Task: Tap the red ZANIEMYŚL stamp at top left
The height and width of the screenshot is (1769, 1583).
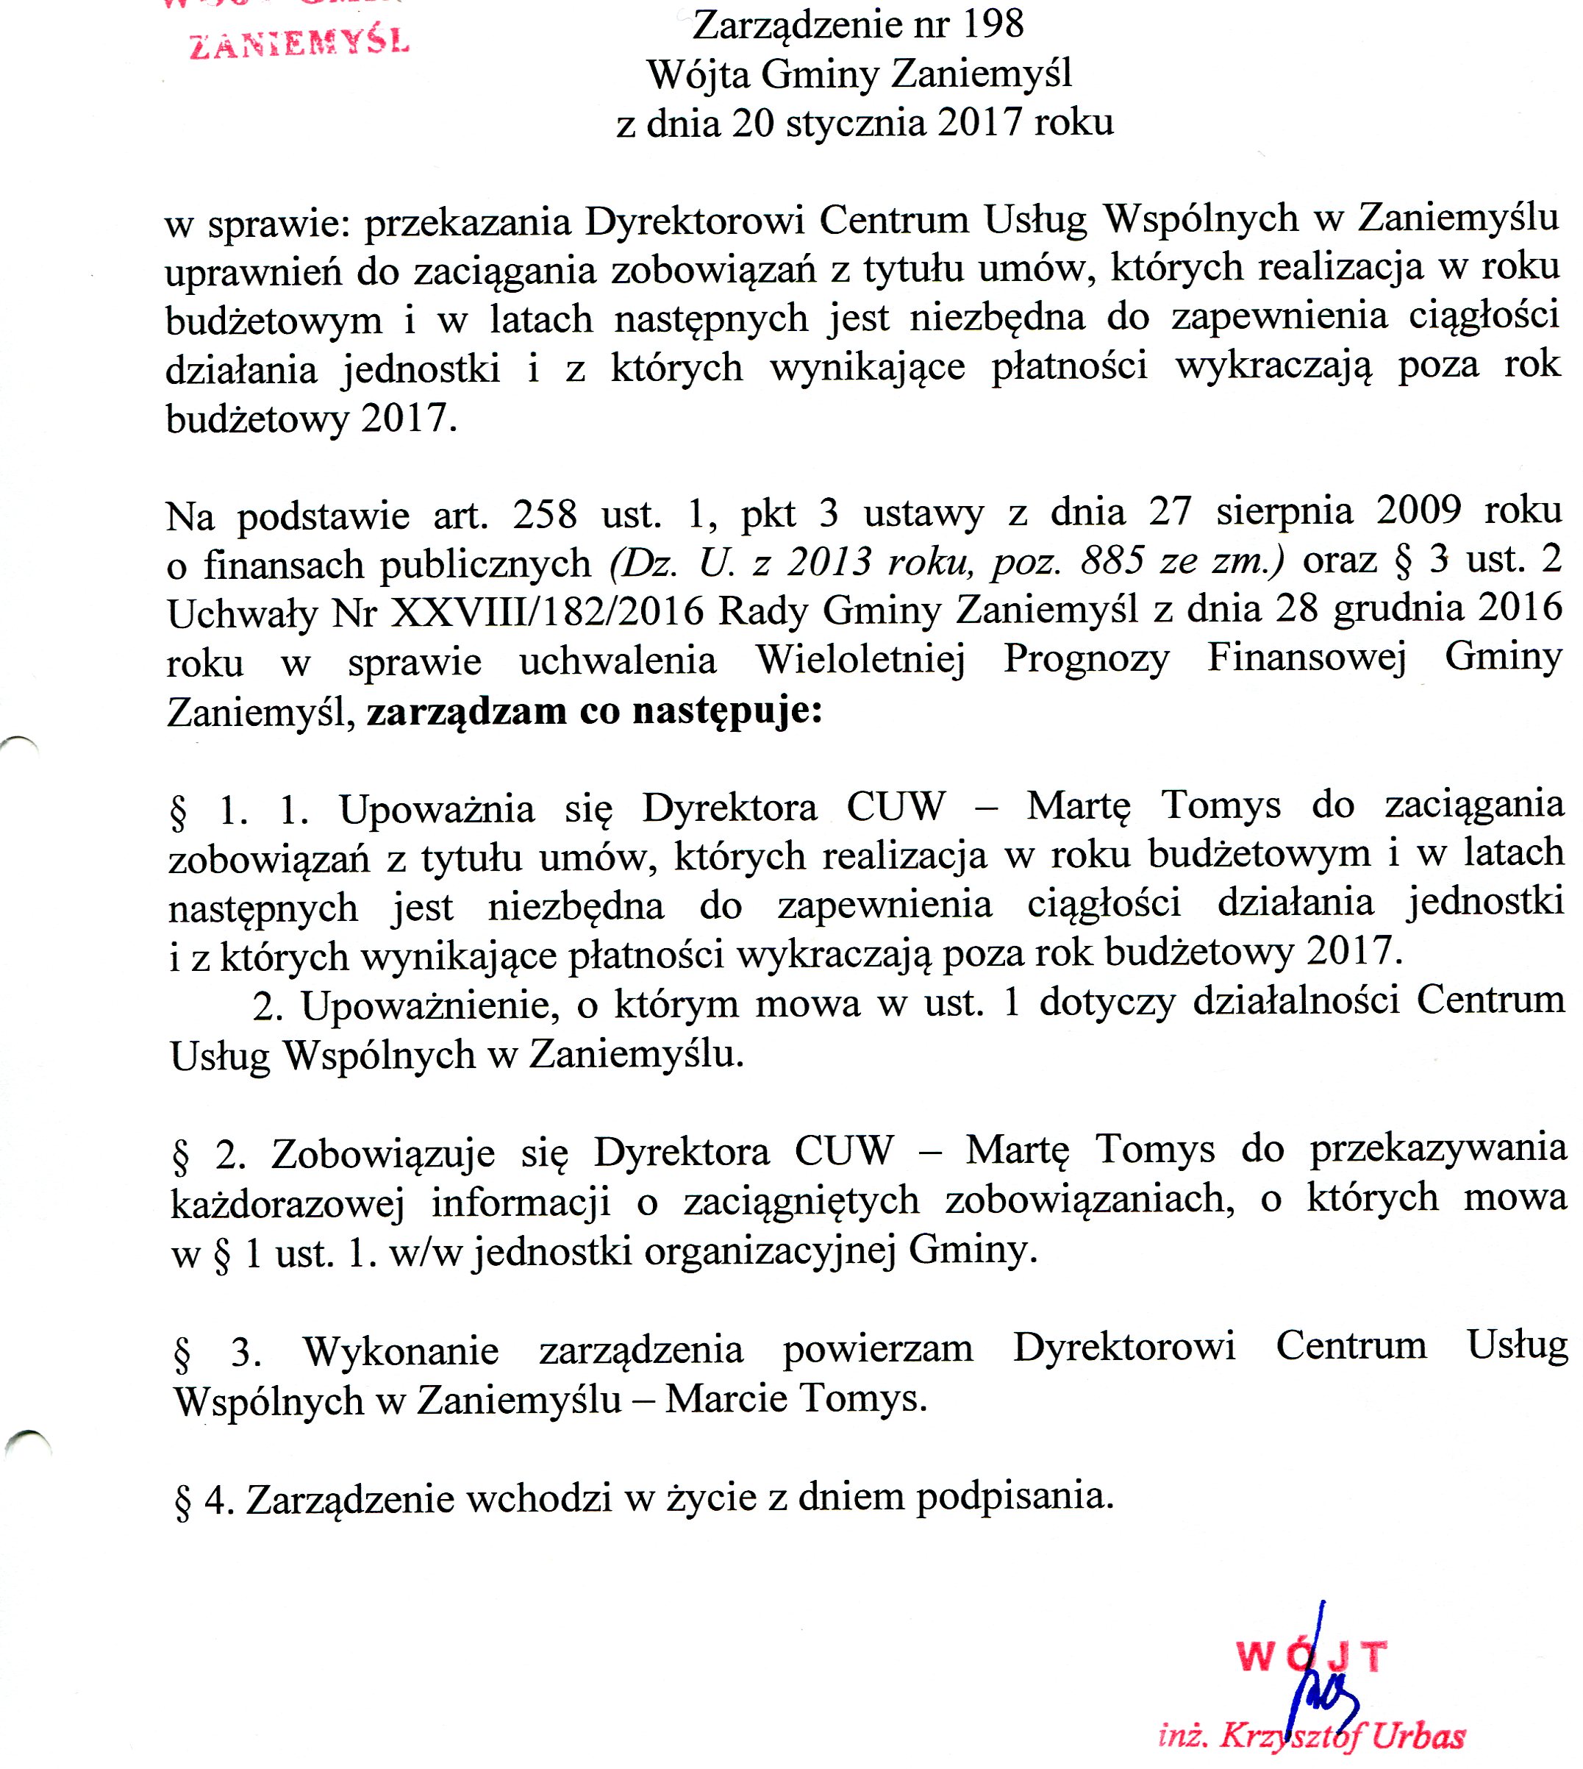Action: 299,43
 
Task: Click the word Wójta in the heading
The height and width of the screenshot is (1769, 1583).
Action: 698,74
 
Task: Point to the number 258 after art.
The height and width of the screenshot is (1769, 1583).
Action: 546,514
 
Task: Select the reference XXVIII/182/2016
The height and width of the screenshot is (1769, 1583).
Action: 548,612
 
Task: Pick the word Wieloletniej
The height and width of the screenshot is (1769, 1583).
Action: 861,661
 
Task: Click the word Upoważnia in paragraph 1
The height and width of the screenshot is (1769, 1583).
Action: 437,809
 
